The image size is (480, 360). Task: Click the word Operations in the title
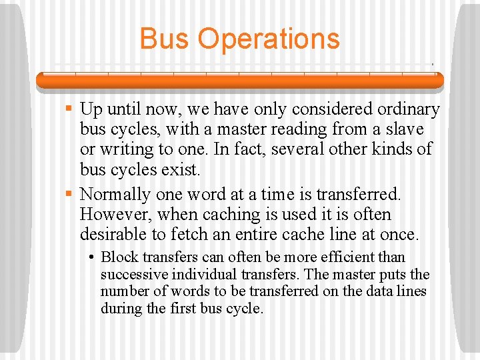[x=269, y=39]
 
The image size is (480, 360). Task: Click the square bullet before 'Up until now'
[x=69, y=108]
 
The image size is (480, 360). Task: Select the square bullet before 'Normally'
[x=69, y=194]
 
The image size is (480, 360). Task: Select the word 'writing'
[x=133, y=149]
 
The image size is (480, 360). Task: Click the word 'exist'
[x=180, y=169]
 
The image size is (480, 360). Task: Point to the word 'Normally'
[x=115, y=194]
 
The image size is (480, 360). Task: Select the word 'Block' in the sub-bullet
[x=117, y=257]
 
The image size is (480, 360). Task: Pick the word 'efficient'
[x=349, y=257]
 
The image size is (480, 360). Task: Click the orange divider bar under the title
[x=240, y=80]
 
